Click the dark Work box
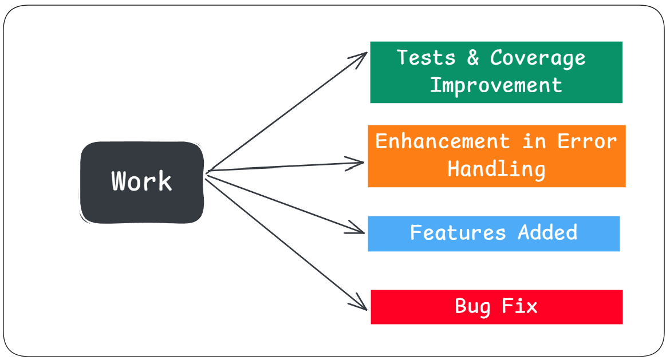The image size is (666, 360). tap(142, 182)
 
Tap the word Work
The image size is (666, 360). tap(141, 181)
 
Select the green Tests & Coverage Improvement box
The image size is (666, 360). tap(496, 72)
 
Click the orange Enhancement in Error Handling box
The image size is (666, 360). tap(496, 156)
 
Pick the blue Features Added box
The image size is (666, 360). tap(494, 234)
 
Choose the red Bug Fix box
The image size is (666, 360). tap(496, 307)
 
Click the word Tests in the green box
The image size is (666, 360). tap(426, 57)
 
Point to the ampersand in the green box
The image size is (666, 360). tap(473, 57)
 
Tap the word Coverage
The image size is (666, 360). tap(538, 58)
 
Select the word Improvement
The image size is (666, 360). tap(496, 86)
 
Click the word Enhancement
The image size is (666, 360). tap(442, 141)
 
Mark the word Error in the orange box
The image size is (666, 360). tap(587, 141)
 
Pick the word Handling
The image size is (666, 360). tap(496, 169)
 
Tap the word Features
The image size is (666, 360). tap(458, 232)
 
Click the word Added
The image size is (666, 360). tap(547, 232)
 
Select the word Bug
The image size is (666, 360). tap(472, 307)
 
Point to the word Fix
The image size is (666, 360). tap(519, 306)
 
